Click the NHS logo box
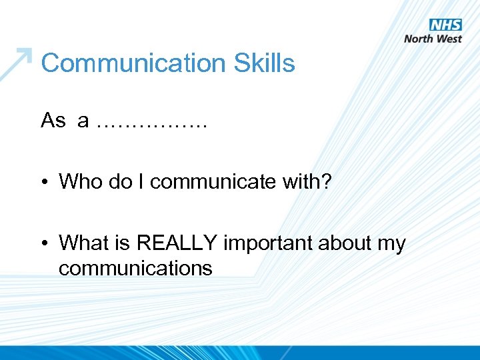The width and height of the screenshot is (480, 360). pyautogui.click(x=445, y=25)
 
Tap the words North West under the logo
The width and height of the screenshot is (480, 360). pyautogui.click(x=433, y=39)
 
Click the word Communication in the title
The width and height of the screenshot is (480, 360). pyautogui.click(x=134, y=64)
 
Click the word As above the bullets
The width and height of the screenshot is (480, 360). pyautogui.click(x=53, y=121)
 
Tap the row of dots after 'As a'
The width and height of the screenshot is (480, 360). pyautogui.click(x=152, y=124)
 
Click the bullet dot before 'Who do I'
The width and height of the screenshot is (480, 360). pyautogui.click(x=45, y=182)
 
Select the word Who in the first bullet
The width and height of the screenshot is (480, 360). pyautogui.click(x=77, y=181)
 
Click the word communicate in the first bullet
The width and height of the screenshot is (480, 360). pyautogui.click(x=207, y=182)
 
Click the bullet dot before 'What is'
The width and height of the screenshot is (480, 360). pyautogui.click(x=45, y=244)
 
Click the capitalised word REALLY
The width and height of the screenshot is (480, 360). pyautogui.click(x=177, y=243)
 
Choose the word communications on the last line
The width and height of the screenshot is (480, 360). pyautogui.click(x=135, y=269)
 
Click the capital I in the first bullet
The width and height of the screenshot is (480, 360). pyautogui.click(x=143, y=181)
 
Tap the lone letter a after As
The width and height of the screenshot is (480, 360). pyautogui.click(x=83, y=121)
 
